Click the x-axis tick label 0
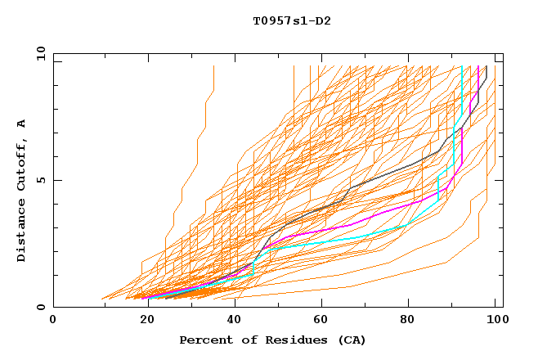pyautogui.click(x=53, y=320)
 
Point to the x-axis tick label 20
pyautogui.click(x=142, y=320)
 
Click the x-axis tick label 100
pyautogui.click(x=495, y=320)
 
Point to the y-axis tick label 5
pyautogui.click(x=43, y=180)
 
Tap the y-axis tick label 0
pyautogui.click(x=43, y=307)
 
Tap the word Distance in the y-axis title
pyautogui.click(x=22, y=228)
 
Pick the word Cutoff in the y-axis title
pyautogui.click(x=22, y=160)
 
